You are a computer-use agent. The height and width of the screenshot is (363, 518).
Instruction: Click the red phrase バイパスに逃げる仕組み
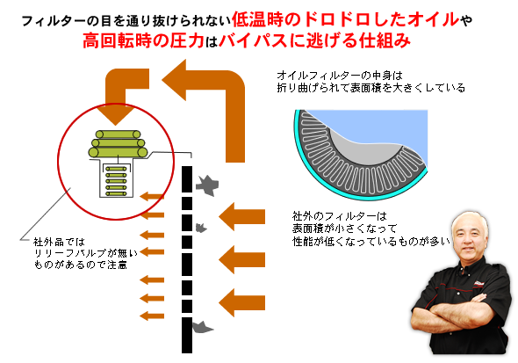[314, 41]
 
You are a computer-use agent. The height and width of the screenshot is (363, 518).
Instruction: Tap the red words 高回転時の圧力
[143, 41]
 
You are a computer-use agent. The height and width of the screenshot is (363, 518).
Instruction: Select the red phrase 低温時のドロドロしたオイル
[346, 19]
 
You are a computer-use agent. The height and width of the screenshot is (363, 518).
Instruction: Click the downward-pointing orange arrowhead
[116, 114]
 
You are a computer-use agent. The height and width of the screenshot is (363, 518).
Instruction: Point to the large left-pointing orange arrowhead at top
[175, 80]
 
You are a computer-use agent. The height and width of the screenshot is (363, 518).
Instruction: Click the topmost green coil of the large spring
[118, 134]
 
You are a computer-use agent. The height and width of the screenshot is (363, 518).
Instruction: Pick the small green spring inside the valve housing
[116, 180]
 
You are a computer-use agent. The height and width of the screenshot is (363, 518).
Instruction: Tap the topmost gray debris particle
[207, 185]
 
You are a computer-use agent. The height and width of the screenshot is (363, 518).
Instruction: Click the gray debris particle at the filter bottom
[202, 327]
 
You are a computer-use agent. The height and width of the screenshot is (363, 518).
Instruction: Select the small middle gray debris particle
[201, 228]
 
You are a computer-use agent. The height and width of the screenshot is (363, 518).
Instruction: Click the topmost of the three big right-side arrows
[241, 216]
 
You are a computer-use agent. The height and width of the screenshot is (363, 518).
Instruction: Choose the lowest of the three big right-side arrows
[241, 302]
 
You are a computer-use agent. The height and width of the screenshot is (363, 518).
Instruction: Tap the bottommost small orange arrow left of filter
[152, 316]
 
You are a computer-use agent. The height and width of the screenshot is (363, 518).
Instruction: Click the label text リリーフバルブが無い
[86, 253]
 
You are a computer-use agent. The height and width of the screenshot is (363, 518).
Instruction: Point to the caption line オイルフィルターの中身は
[340, 76]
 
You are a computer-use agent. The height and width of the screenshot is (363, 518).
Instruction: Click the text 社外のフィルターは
[339, 216]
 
